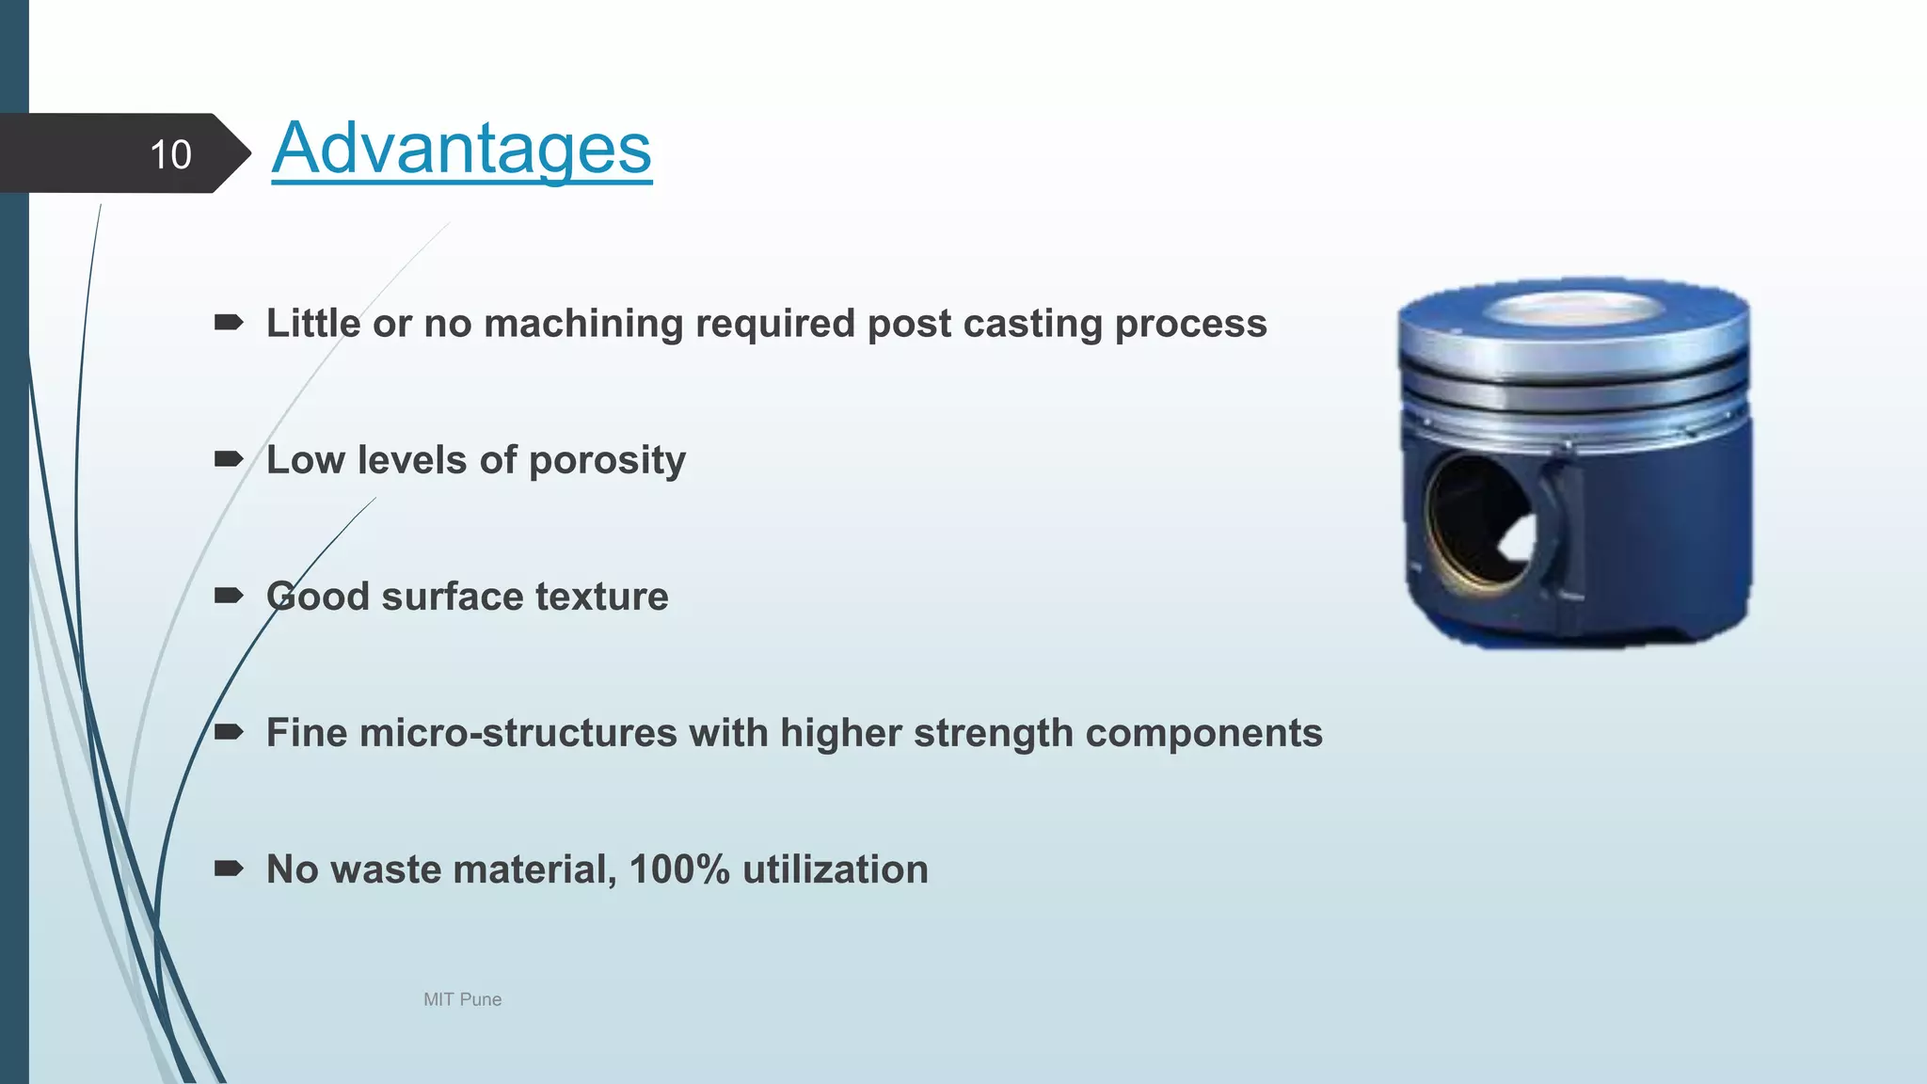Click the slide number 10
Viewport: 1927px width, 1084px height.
[x=170, y=154]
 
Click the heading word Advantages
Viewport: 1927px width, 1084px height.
[x=461, y=149]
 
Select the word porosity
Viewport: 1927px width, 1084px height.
[x=607, y=461]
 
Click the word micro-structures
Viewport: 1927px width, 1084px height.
[x=518, y=733]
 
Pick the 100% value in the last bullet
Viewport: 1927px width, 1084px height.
[x=678, y=869]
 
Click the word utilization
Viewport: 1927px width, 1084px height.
[x=835, y=869]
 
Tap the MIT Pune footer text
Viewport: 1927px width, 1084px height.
[x=462, y=999]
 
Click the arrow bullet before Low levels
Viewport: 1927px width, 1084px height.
[x=229, y=459]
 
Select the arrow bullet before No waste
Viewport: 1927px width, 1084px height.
[x=229, y=869]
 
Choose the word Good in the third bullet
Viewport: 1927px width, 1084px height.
[x=318, y=597]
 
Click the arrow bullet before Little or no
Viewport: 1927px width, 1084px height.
[x=229, y=323]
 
